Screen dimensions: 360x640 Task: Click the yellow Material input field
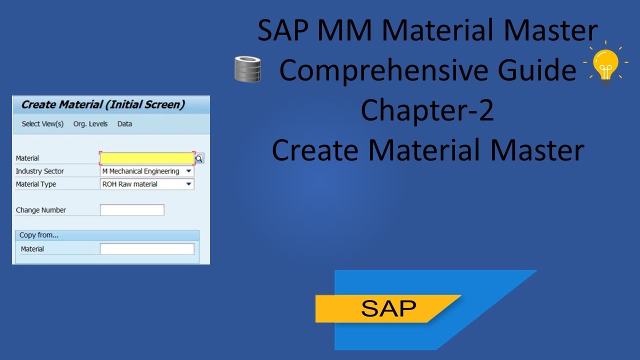(147, 158)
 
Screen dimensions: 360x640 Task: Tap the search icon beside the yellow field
(199, 158)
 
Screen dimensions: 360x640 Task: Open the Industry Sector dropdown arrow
(188, 171)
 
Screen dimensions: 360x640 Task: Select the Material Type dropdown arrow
(188, 184)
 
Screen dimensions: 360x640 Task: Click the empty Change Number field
(132, 210)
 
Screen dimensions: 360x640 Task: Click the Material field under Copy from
(147, 249)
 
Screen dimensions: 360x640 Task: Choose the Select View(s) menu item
(42, 124)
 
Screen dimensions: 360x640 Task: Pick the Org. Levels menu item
(90, 124)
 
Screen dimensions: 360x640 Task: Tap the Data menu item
(124, 124)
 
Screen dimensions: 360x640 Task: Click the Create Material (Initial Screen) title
(103, 105)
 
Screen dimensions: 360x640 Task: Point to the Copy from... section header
(39, 235)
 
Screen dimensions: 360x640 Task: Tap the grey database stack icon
(248, 69)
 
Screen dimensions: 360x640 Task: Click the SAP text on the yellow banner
(388, 308)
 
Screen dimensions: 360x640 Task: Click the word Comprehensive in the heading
(388, 70)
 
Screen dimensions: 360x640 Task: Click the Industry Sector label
(40, 171)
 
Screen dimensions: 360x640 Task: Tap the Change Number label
(41, 210)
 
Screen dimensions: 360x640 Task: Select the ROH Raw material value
(130, 184)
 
